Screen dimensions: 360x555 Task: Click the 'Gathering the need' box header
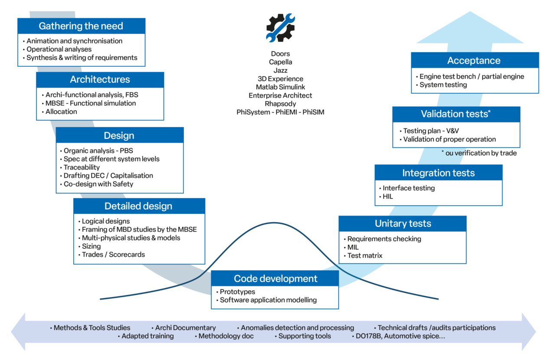tap(81, 26)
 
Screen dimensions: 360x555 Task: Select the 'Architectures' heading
tap(100, 80)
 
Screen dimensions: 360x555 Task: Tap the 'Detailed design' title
tap(138, 206)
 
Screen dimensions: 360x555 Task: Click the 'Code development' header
tap(275, 278)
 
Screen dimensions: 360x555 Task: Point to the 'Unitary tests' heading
tap(403, 224)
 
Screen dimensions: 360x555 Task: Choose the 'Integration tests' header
tap(438, 173)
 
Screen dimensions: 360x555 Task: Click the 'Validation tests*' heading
tap(456, 114)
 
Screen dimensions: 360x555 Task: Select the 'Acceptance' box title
tap(474, 61)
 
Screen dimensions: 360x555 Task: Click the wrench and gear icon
tap(280, 28)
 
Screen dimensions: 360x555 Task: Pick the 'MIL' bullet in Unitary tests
tap(353, 247)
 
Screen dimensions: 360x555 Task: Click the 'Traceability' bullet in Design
tap(82, 167)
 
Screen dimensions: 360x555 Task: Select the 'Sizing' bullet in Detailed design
tap(91, 246)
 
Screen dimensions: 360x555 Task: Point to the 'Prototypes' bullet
tap(237, 292)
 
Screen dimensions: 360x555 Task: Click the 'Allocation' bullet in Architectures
tap(61, 112)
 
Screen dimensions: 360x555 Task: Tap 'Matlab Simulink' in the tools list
tap(280, 87)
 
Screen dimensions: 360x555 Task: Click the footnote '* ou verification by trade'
tap(479, 153)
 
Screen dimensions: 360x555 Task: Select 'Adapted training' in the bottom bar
tap(147, 336)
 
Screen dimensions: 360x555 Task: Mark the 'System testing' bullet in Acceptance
tap(443, 85)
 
